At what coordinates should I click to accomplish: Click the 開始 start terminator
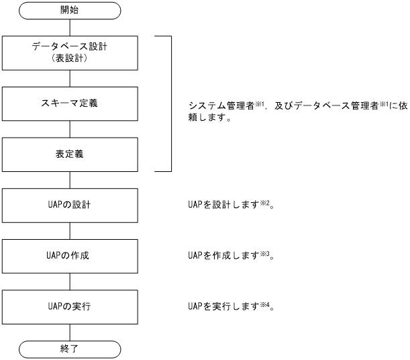70,11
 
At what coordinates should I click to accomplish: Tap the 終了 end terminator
70,349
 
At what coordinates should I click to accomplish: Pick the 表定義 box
70,154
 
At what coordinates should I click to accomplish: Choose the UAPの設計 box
70,205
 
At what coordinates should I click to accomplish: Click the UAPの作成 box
70,256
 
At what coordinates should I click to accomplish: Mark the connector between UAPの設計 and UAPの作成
70,230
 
